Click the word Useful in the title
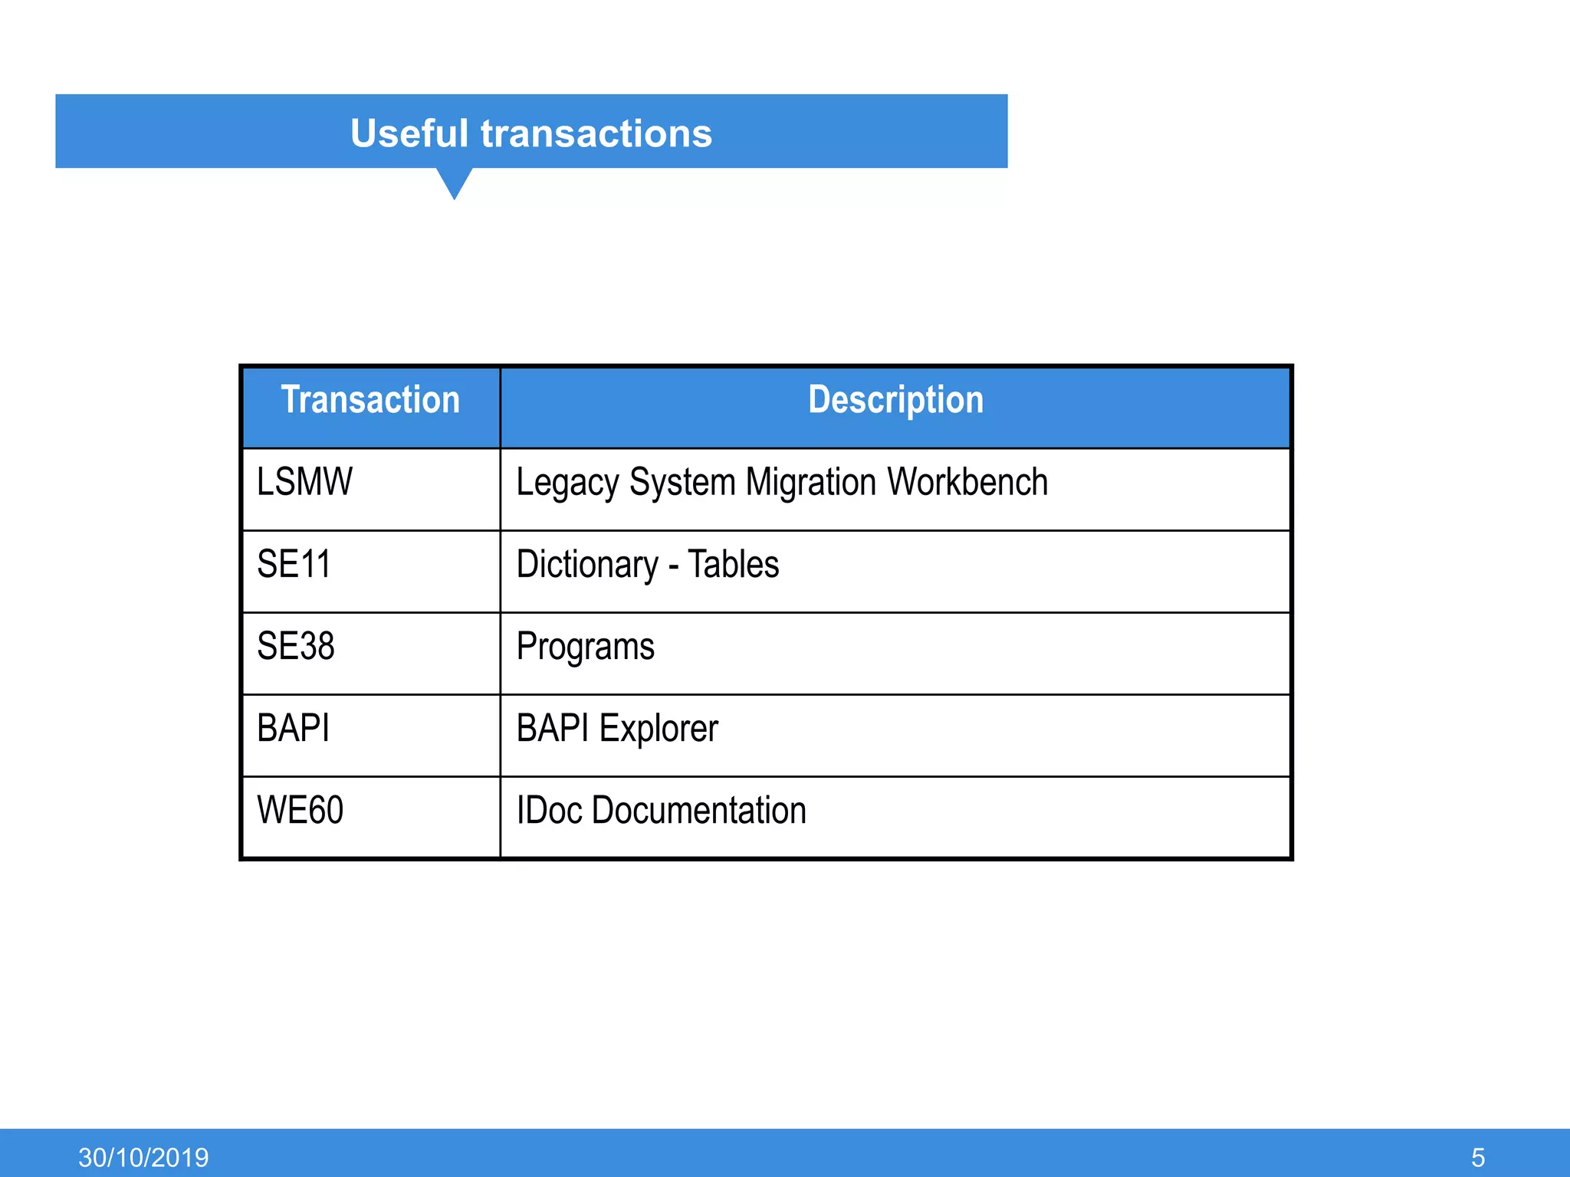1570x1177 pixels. (409, 133)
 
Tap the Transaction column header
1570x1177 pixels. (370, 400)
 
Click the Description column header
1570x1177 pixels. (895, 400)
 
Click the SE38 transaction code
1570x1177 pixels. (295, 646)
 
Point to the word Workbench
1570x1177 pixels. (967, 482)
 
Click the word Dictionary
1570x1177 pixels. (587, 566)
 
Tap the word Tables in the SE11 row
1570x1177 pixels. (733, 565)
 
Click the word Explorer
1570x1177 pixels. (659, 729)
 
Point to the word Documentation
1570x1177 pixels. (699, 811)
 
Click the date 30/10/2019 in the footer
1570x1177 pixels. (143, 1157)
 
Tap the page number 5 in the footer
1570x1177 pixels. (1478, 1157)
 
